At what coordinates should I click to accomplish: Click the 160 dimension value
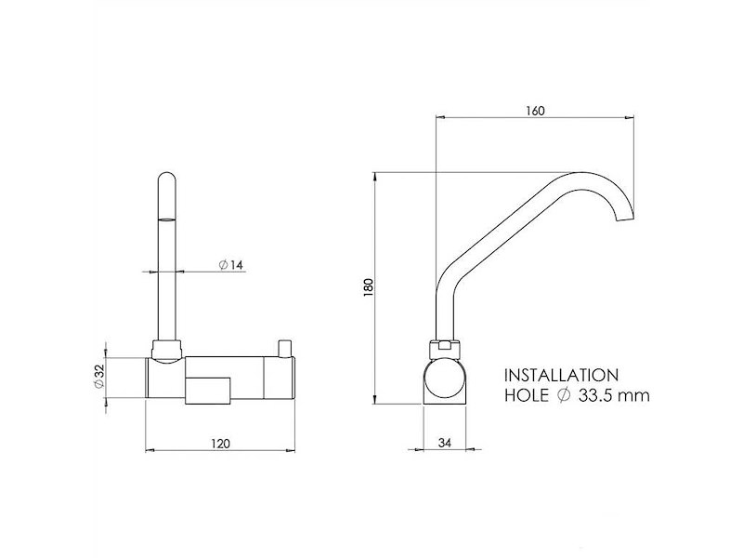coord(534,109)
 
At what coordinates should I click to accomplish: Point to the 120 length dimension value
coord(220,444)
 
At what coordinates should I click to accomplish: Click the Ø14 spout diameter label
coord(230,265)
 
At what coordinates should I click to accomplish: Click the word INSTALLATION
coord(561,376)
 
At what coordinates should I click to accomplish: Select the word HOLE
coord(528,395)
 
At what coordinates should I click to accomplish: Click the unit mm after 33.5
coord(636,395)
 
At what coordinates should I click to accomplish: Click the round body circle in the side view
coord(447,381)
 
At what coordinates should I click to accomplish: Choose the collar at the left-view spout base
coord(167,350)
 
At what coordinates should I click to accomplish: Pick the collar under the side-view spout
coord(447,349)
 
